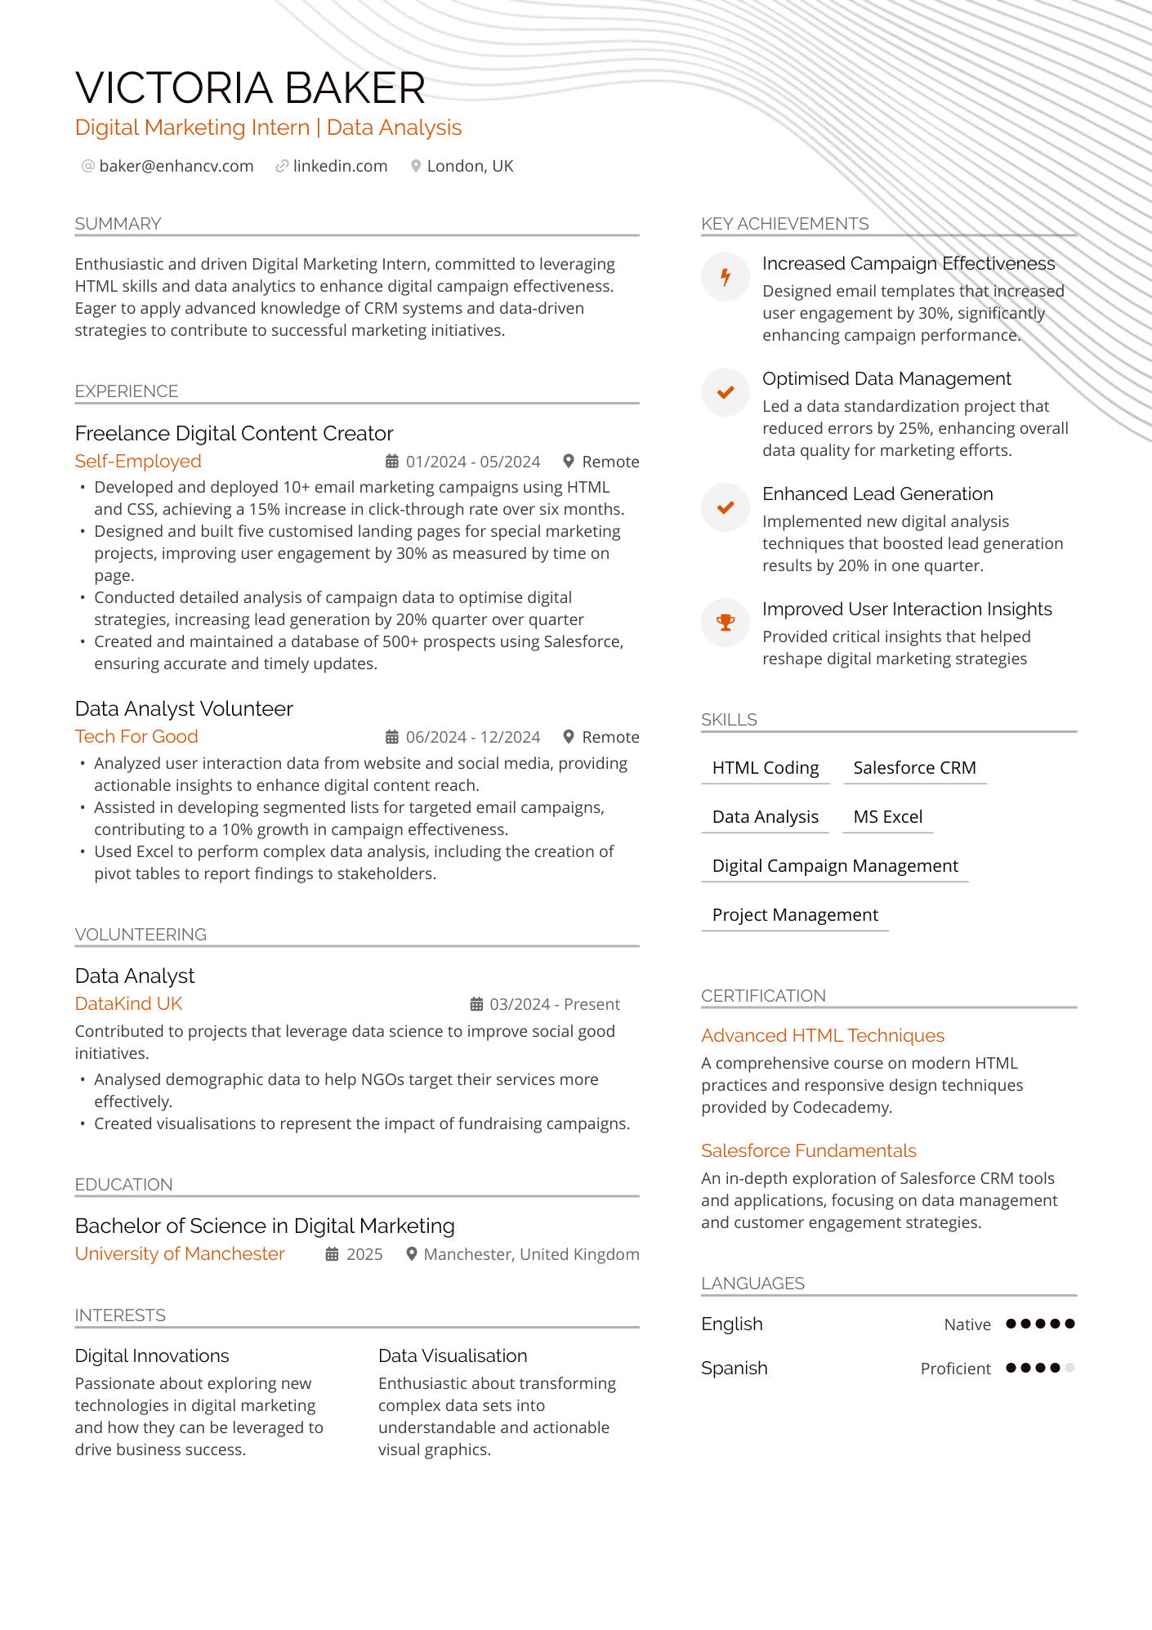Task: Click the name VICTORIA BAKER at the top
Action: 250,88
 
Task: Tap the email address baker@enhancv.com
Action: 176,166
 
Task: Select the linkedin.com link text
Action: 340,166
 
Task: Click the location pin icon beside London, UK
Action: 416,166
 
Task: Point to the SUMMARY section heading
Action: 118,224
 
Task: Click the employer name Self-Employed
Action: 138,461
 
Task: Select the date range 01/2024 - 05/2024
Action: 472,462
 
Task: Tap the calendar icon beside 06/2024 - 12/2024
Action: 392,737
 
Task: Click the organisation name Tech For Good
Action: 136,736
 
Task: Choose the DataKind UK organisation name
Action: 128,1003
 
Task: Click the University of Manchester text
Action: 180,1253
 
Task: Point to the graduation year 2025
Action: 364,1254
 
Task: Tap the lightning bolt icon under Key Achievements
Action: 726,277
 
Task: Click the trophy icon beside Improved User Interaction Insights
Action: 726,623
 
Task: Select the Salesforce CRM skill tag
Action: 914,768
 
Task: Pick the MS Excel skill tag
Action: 887,817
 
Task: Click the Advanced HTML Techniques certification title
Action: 822,1035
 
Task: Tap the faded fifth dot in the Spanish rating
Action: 1070,1368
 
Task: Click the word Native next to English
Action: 967,1324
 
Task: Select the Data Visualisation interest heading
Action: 453,1355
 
